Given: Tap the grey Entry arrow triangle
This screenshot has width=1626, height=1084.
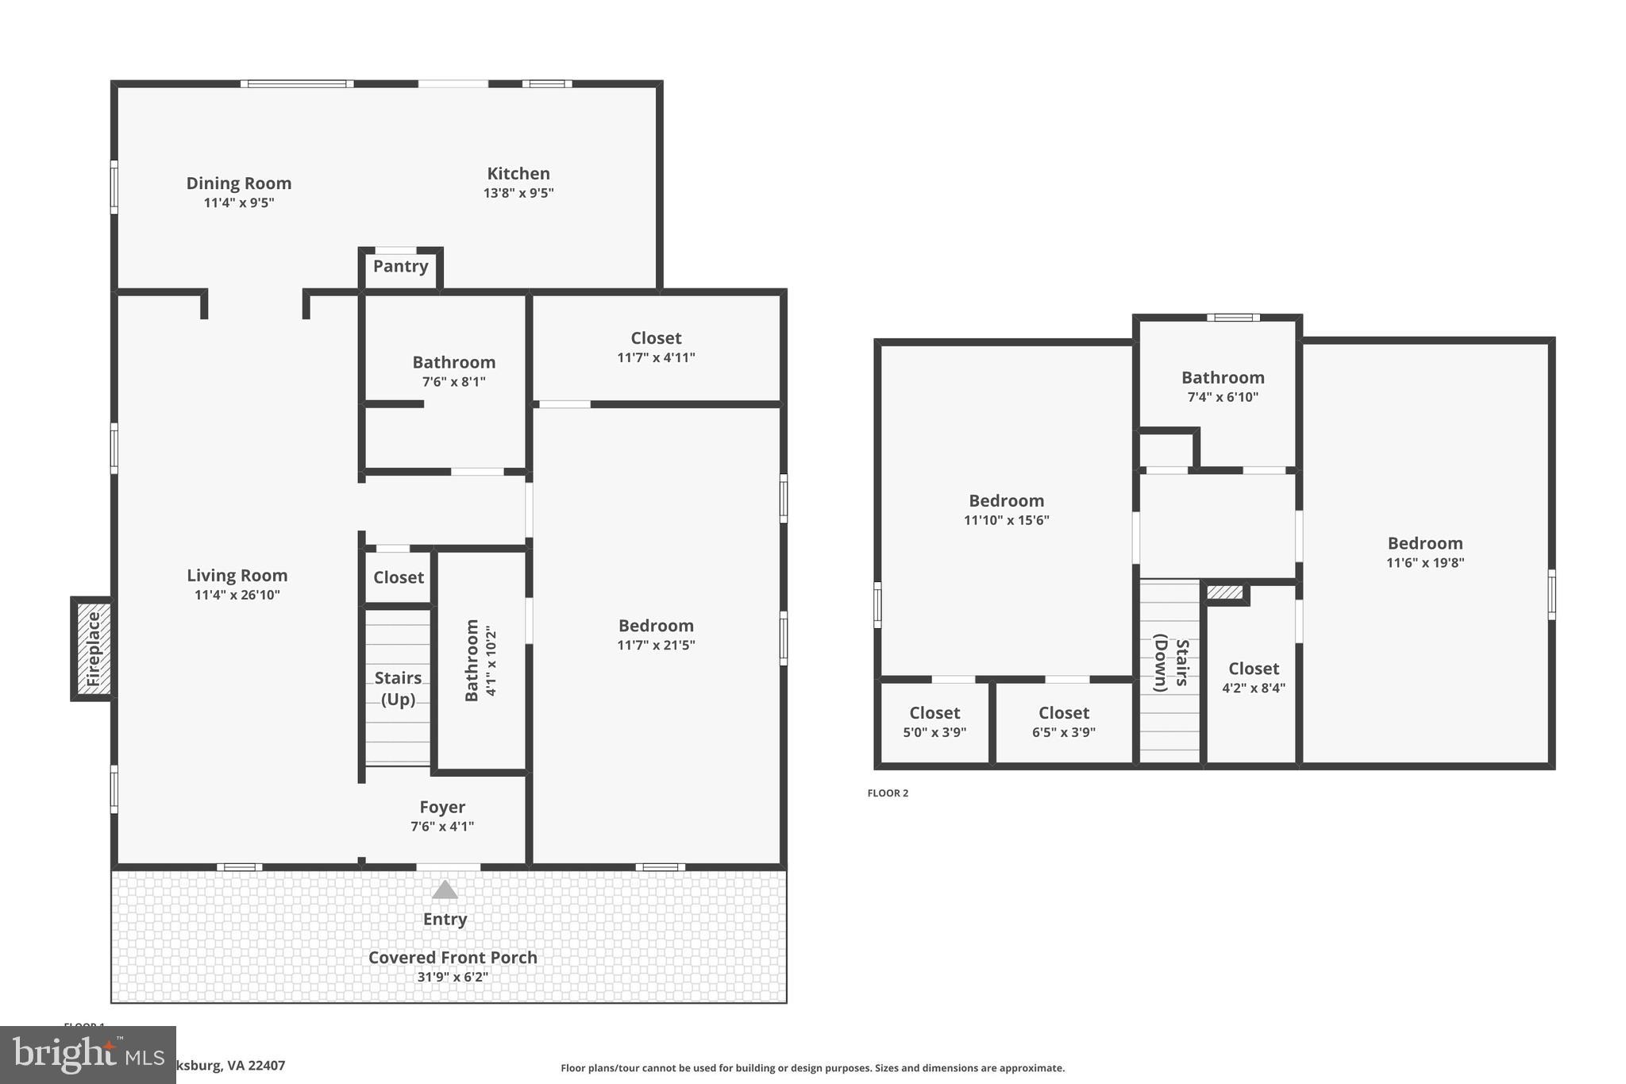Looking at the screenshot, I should [x=445, y=889].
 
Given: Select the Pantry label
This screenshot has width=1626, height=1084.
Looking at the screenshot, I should [x=400, y=266].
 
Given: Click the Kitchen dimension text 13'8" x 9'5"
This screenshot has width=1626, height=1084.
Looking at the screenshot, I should [x=518, y=193].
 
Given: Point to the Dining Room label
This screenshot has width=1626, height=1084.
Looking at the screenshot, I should [x=239, y=183].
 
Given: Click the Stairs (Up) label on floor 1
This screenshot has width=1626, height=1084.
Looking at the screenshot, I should [x=398, y=688].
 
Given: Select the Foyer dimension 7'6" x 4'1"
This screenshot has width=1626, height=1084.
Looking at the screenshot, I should [x=442, y=827].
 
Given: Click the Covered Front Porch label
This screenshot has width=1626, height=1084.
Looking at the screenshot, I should [x=453, y=957].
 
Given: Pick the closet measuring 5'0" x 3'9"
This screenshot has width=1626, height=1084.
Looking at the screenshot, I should [x=934, y=722].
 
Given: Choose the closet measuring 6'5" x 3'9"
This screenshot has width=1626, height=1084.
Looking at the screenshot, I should [x=1064, y=722].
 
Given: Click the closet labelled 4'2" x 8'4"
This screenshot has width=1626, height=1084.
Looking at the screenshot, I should [x=1253, y=677].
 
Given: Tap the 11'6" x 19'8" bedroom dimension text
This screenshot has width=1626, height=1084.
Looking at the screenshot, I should [x=1425, y=563].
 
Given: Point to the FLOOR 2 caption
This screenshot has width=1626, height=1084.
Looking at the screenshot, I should [x=888, y=793].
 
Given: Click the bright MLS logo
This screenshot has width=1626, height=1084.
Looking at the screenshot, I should [x=87, y=1055].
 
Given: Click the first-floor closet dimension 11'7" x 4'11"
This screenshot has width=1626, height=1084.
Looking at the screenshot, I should [x=656, y=358].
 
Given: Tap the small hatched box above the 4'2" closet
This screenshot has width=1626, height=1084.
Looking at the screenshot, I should [x=1224, y=592].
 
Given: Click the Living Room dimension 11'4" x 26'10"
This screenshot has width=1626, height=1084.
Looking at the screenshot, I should [x=237, y=595].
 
